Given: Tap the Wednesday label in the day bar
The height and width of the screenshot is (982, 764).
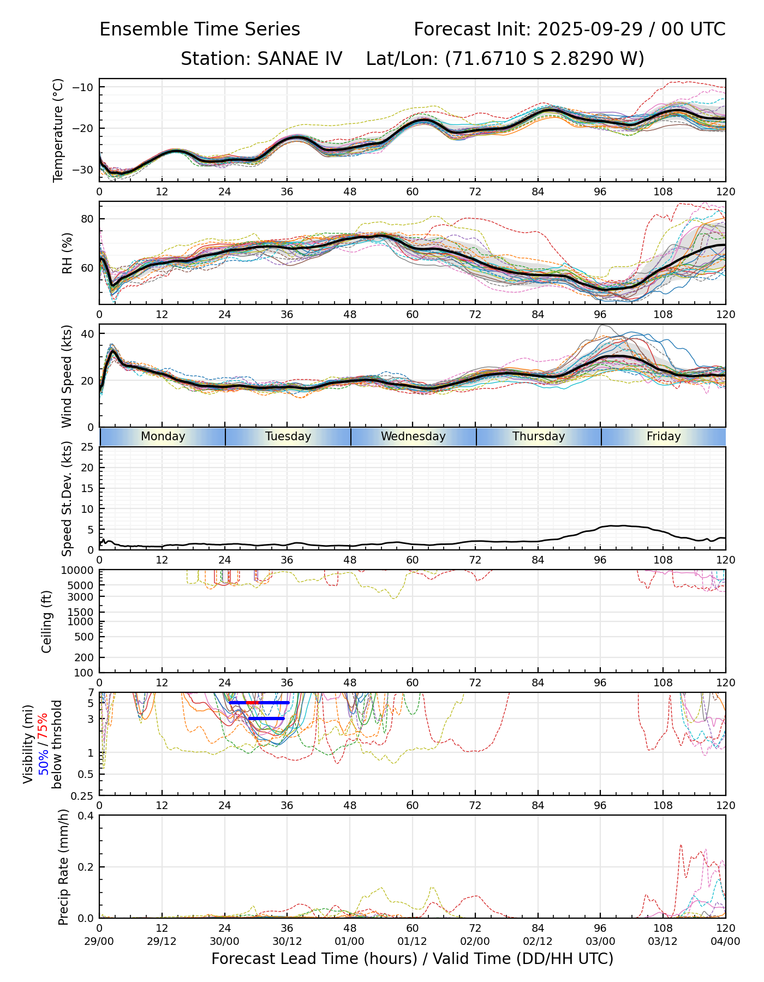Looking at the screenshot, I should pos(413,436).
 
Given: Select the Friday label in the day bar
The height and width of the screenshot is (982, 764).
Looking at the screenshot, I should pos(664,436).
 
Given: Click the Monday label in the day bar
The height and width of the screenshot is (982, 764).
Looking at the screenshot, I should pos(163,436).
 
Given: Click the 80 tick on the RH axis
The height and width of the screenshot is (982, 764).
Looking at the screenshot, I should pos(87,219).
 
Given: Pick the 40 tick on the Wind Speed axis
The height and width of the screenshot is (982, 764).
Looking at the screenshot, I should pos(87,334).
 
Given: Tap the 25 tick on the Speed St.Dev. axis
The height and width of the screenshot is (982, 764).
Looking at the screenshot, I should pos(87,447).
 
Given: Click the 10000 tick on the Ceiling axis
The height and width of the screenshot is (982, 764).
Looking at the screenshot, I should pos(81,570).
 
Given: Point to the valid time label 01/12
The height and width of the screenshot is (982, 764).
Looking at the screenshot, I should pos(412,941).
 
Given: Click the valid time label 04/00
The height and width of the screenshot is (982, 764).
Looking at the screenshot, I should pos(725,941).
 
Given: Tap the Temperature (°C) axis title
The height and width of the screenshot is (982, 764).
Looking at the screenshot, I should pos(58,130).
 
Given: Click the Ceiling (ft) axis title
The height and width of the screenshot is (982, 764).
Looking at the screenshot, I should pos(47,621).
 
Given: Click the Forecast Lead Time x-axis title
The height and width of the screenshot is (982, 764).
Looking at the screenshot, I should pos(412,959).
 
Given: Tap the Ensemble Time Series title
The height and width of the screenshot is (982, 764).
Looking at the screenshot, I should pos(200,29).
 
